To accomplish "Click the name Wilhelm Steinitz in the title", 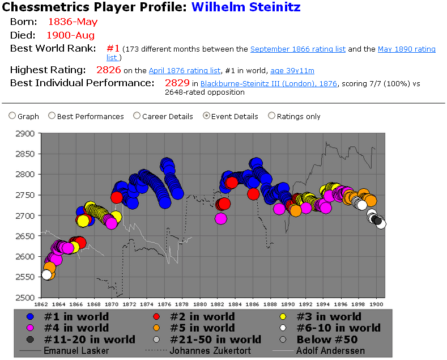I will point(246,7).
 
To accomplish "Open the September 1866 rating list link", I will point(298,49).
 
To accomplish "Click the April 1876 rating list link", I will point(185,71).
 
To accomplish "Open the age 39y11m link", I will point(292,71).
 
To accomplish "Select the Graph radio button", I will point(12,116).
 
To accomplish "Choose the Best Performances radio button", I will point(52,116).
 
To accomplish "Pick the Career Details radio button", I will point(137,116).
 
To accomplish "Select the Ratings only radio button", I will point(271,116).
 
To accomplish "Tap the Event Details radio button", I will point(206,116).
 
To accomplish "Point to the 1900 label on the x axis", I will point(377,303).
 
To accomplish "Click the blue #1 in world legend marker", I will point(32,317).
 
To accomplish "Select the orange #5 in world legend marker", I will point(160,328).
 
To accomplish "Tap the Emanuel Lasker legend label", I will point(76,351).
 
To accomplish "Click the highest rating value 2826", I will point(109,70).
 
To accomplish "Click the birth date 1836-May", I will point(73,22).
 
